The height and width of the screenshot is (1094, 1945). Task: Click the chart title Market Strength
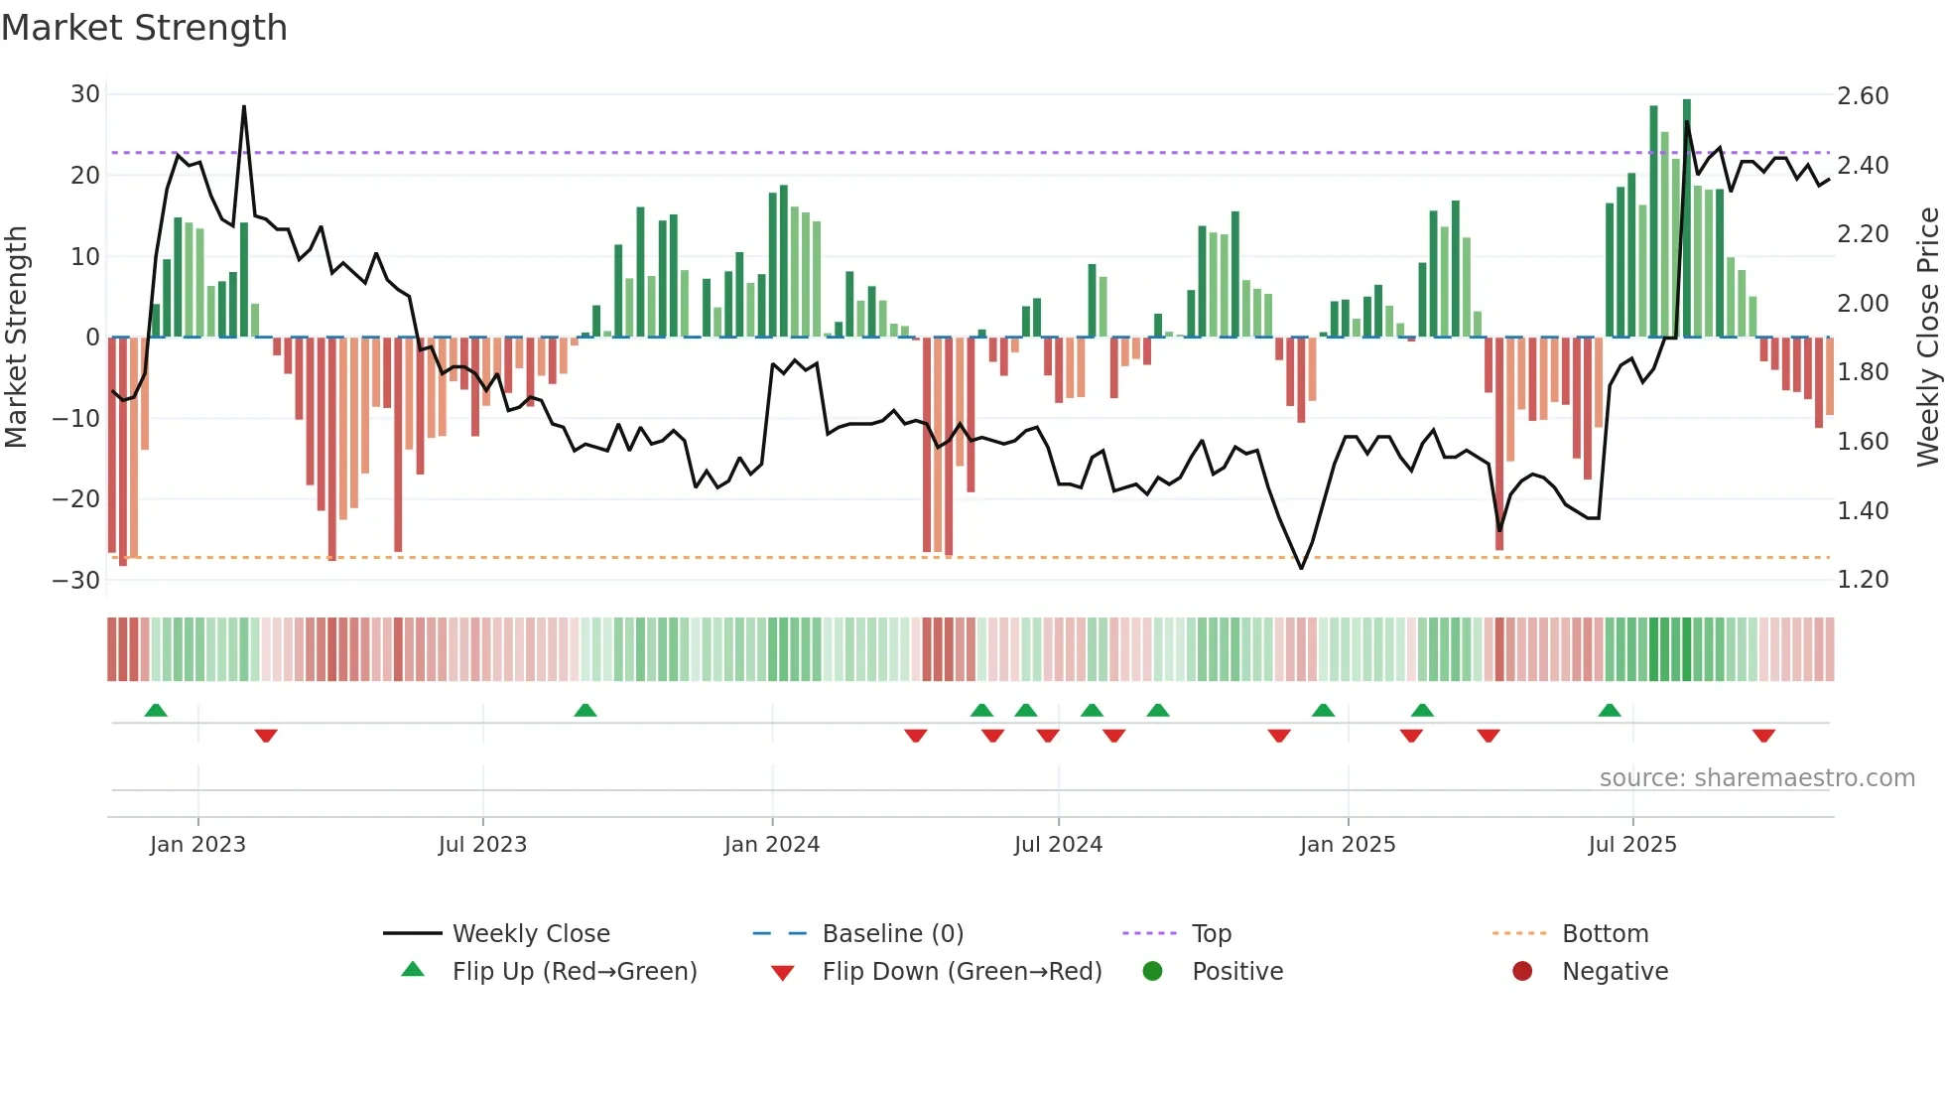(144, 28)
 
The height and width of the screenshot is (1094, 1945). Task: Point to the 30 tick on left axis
(85, 94)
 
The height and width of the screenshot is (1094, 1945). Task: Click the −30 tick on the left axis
(77, 581)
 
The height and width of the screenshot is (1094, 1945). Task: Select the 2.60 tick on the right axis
(1863, 96)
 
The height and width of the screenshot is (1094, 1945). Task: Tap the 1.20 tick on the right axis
(1863, 580)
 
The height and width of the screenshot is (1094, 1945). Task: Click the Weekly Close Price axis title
(1927, 337)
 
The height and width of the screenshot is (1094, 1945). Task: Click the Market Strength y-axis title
(16, 337)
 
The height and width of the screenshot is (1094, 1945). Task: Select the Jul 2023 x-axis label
(482, 845)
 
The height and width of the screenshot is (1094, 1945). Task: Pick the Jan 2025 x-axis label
(1348, 845)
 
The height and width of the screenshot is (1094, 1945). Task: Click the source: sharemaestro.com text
(1756, 778)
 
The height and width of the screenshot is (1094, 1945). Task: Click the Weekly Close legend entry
(531, 934)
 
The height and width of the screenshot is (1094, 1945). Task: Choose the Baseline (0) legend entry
(892, 934)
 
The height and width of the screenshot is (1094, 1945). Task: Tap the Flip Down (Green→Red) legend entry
(962, 972)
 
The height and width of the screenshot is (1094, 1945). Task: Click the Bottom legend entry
(1605, 934)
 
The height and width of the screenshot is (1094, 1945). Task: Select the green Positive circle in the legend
(1152, 972)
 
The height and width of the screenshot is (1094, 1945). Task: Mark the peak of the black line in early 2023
(244, 106)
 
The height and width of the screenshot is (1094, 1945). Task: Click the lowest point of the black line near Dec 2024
(1302, 568)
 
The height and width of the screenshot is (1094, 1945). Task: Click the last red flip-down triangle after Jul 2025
(1763, 736)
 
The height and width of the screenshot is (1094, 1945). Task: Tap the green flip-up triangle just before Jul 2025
(1610, 711)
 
